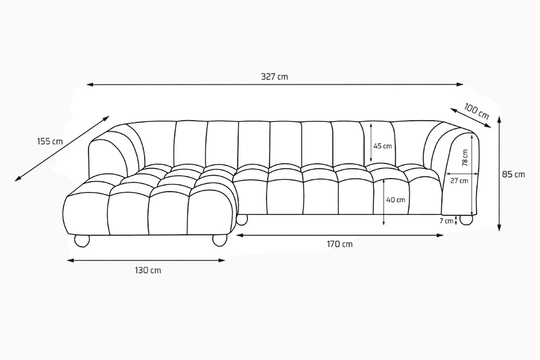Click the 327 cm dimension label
tap(274, 76)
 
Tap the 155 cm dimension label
tap(50, 141)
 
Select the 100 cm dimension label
tap(477, 111)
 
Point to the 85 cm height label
tap(513, 174)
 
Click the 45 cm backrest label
tap(383, 146)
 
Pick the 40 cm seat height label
tap(396, 199)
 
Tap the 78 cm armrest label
tap(464, 158)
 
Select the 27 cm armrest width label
tap(459, 181)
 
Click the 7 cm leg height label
tap(446, 221)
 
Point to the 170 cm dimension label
tap(340, 244)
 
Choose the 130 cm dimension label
tap(148, 270)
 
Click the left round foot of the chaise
tap(82, 240)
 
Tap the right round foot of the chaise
tap(220, 240)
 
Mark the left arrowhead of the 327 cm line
tap(89, 84)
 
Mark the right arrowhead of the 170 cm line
tap(442, 235)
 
